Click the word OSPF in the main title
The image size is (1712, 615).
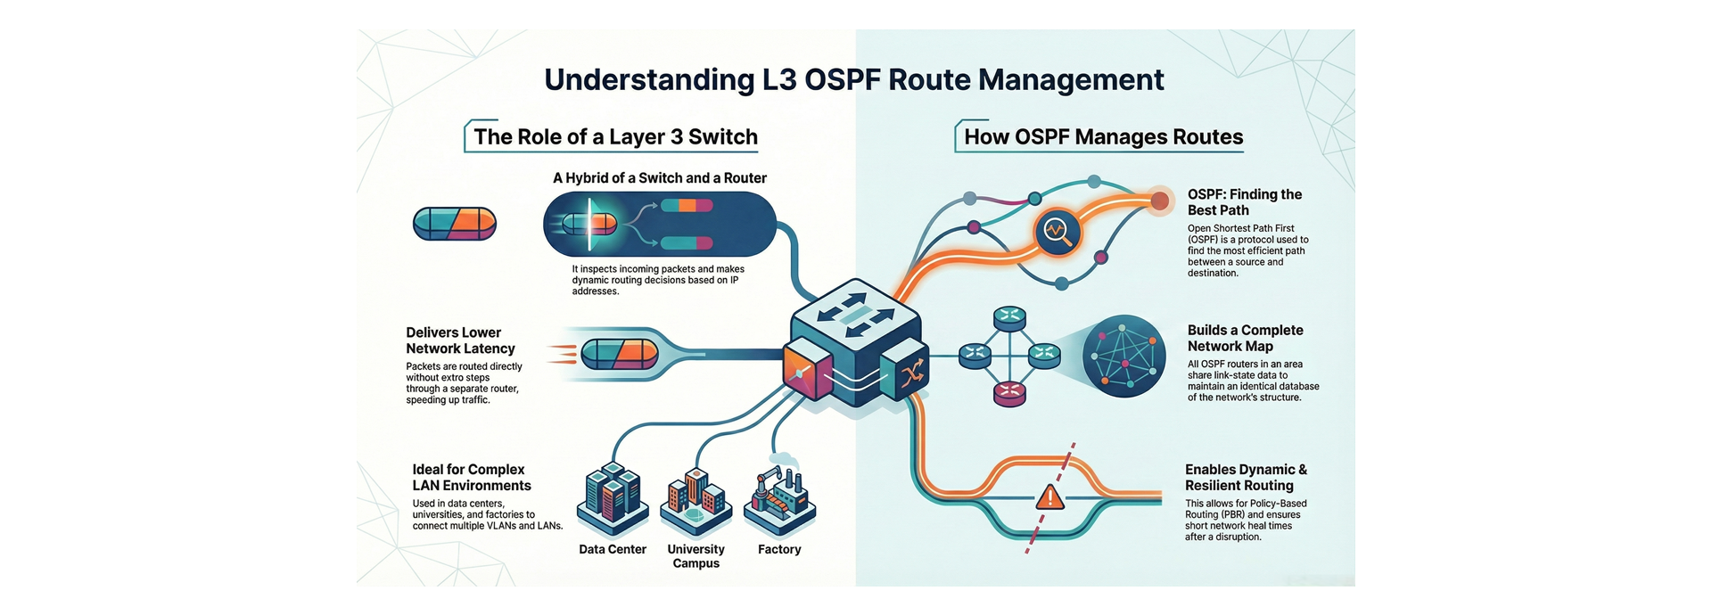(x=843, y=80)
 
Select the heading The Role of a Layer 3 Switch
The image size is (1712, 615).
(x=615, y=137)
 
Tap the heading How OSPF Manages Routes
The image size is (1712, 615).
(x=1103, y=137)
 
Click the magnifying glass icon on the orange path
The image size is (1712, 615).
(x=1057, y=232)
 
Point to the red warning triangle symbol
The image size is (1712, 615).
(x=1050, y=496)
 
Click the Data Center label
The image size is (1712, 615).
(x=613, y=550)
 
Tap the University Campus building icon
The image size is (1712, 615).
(x=696, y=501)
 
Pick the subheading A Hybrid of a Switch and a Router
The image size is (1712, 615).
(x=660, y=178)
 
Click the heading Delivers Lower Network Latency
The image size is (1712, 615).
(x=460, y=340)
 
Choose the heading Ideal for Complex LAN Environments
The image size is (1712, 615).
(x=471, y=478)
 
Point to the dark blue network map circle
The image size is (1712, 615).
(x=1123, y=357)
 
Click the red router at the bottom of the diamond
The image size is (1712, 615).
(x=1009, y=393)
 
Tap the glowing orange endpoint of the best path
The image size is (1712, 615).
(x=1159, y=201)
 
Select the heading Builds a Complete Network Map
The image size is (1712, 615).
(x=1245, y=338)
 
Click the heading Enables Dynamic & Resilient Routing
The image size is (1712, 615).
(x=1246, y=478)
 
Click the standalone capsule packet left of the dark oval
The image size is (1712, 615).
(x=455, y=224)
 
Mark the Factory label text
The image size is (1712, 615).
(x=779, y=550)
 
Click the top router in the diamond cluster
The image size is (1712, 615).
(x=1010, y=317)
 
